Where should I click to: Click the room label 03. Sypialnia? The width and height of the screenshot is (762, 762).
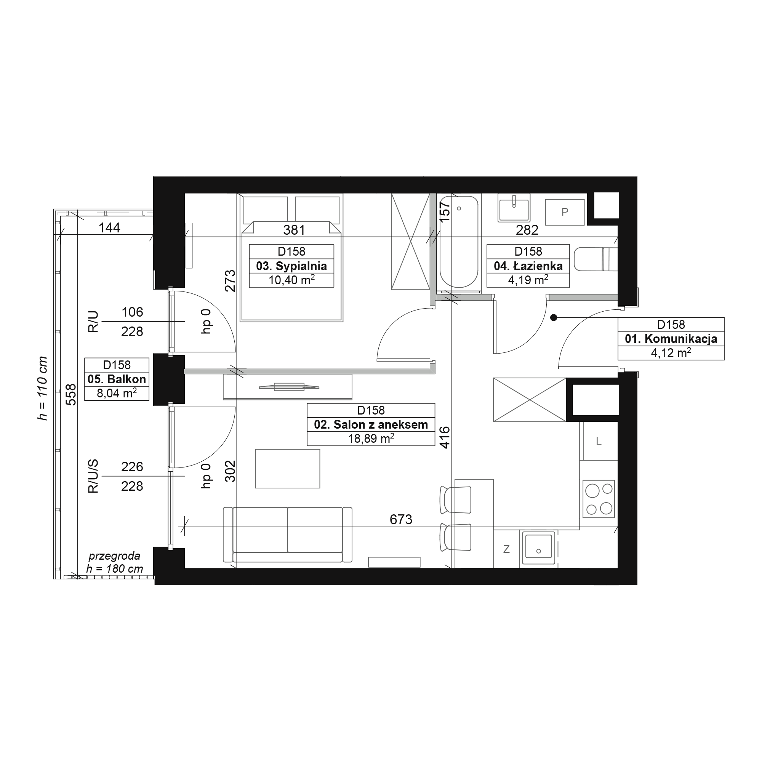coord(291,266)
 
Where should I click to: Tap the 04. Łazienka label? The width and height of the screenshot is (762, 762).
coord(528,266)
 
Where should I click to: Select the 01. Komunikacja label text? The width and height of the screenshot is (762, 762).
coord(671,339)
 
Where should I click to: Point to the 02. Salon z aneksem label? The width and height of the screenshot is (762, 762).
coord(371,424)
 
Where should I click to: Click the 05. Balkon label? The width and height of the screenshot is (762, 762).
coord(117,379)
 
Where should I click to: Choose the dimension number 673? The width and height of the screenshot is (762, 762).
coord(401,519)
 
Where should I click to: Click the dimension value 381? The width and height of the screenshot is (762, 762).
coord(294,229)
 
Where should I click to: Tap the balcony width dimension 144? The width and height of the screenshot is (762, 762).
coord(109,227)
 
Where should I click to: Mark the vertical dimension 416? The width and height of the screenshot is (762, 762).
coord(445,437)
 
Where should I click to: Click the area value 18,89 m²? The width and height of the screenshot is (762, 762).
coord(371,439)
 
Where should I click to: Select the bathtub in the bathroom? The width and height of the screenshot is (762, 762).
coord(459,242)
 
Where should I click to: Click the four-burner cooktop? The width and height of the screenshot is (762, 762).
coord(599,499)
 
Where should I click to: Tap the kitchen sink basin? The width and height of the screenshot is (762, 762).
coord(538,548)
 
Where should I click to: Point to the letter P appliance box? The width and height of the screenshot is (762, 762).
coord(565,212)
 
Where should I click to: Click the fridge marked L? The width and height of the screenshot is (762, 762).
coord(599,441)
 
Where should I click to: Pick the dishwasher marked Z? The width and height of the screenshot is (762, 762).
coord(506,549)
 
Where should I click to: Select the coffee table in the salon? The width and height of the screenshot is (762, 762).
coord(288,469)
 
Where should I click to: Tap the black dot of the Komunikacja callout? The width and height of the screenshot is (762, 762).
coord(554,317)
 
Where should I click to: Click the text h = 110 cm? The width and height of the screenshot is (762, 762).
coord(42,388)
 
